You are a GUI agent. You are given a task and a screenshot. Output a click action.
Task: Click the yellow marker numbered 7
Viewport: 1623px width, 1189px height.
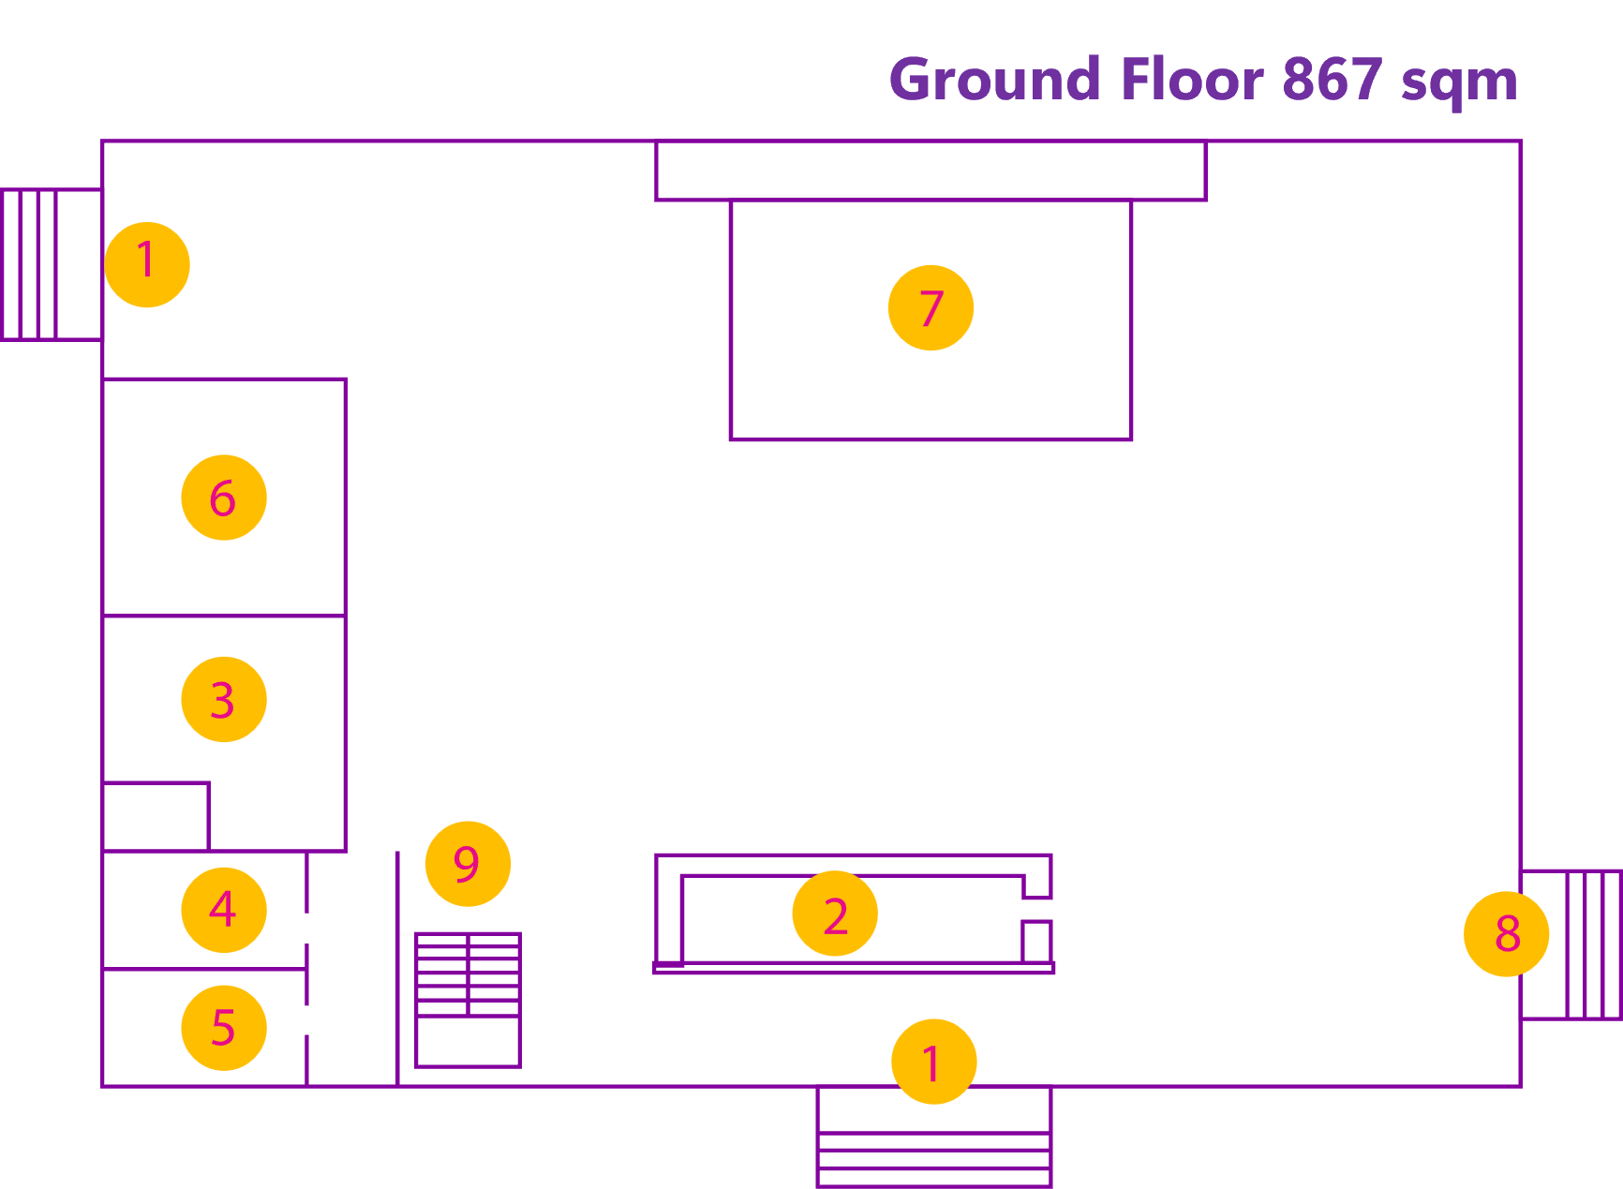point(931,307)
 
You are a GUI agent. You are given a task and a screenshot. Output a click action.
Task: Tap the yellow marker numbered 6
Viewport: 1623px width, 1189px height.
point(224,498)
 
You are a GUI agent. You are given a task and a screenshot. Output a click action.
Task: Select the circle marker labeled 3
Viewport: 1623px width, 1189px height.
point(224,699)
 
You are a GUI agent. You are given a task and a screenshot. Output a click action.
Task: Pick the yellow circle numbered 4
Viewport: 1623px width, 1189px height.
point(224,909)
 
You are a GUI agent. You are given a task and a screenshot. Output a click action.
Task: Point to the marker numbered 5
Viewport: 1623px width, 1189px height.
point(224,1028)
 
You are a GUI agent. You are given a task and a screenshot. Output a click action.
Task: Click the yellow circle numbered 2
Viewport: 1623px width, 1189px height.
point(835,914)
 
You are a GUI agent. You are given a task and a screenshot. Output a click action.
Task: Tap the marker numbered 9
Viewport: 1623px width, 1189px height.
point(468,863)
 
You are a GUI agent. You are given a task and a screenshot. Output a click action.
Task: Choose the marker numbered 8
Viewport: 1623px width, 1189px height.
point(1506,933)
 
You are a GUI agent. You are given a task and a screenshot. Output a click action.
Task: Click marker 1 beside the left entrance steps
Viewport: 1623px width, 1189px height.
point(147,264)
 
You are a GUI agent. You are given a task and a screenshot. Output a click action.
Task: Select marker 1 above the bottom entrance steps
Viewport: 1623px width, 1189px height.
point(933,1062)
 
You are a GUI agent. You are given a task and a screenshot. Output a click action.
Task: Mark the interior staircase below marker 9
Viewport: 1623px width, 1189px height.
point(468,1000)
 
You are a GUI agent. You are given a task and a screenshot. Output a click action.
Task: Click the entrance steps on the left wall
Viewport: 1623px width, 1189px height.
point(51,264)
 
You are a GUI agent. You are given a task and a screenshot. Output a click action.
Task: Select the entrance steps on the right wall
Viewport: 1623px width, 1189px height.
point(1571,944)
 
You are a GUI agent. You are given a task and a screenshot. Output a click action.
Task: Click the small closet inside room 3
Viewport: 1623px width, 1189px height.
point(156,816)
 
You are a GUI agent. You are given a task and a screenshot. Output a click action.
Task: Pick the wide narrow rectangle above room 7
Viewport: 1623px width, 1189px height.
point(931,171)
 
